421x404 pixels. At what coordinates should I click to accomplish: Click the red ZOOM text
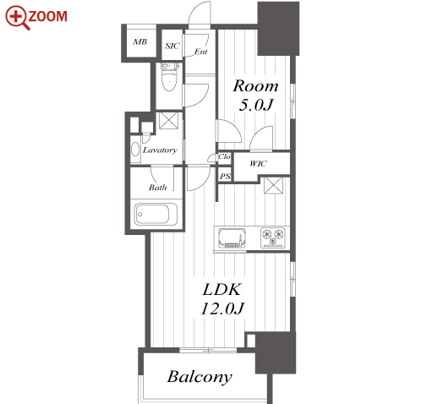[48, 16]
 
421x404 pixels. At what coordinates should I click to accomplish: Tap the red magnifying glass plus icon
[17, 18]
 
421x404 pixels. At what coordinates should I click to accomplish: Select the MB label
[140, 42]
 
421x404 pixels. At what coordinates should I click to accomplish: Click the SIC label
[172, 46]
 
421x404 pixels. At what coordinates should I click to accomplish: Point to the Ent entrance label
[201, 52]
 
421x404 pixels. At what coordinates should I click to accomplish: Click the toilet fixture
[170, 77]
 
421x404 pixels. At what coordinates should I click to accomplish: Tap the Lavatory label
[160, 150]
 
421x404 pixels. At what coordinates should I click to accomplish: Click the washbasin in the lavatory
[135, 149]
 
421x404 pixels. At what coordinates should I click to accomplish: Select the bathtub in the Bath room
[156, 214]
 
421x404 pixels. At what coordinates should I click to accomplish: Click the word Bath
[158, 188]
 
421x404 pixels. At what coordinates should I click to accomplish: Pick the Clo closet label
[224, 156]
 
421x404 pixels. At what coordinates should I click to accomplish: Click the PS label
[225, 177]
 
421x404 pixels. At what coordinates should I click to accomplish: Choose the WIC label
[258, 163]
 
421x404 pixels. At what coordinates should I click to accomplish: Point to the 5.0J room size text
[256, 105]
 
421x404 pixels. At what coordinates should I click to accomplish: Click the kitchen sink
[232, 237]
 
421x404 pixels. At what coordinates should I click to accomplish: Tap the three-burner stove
[272, 237]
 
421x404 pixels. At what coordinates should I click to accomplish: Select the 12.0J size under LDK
[222, 308]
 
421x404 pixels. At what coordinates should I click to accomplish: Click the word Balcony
[200, 377]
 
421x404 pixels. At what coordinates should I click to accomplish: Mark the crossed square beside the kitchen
[273, 185]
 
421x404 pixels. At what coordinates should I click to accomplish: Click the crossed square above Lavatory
[168, 121]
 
